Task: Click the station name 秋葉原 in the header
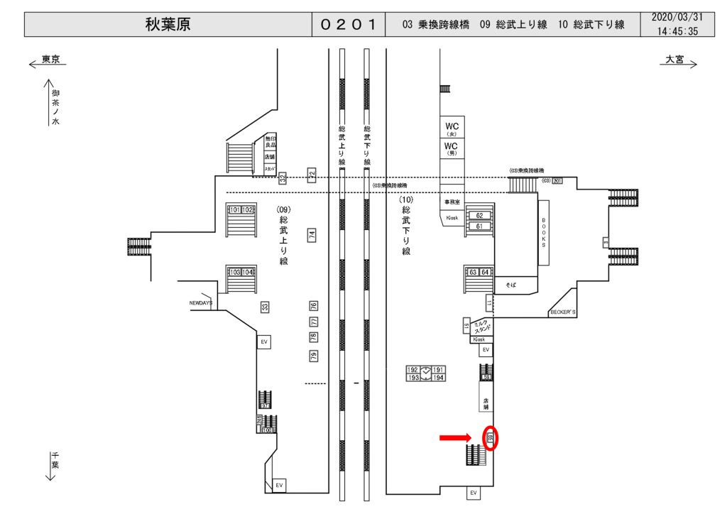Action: coord(168,24)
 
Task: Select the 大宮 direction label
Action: coord(674,60)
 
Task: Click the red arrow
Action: coord(455,437)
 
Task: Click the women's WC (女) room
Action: coord(452,128)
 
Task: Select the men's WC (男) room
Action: coord(452,148)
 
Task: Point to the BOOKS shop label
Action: coord(544,233)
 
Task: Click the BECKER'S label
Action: coord(564,312)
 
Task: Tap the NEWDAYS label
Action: coord(200,303)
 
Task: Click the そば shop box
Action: coord(510,283)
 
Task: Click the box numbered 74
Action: coord(311,235)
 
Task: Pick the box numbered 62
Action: coord(479,215)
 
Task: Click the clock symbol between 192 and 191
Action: coord(425,373)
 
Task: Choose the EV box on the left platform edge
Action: coord(264,342)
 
